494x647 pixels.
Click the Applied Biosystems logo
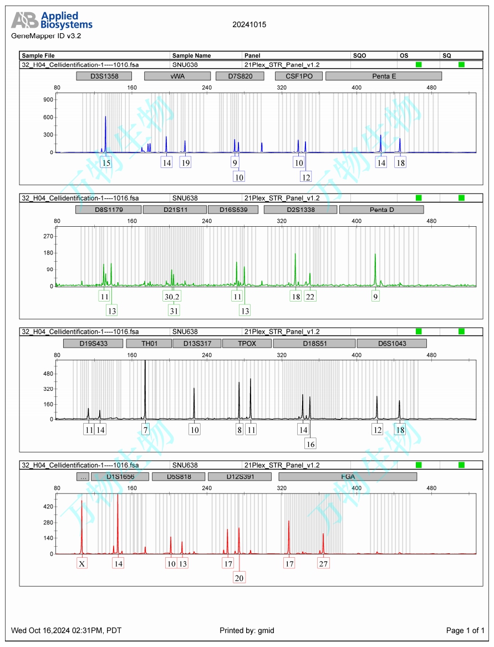pos(52,21)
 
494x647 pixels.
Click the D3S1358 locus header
pos(104,76)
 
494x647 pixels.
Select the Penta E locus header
pos(384,76)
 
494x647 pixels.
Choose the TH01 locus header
pos(149,343)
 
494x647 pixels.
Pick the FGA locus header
pos(348,476)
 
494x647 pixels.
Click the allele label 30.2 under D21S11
pos(172,297)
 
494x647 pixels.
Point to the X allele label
pos(82,563)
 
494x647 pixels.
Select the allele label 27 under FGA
pos(323,563)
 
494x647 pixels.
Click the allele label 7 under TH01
pos(145,430)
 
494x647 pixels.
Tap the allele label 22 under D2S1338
pos(310,297)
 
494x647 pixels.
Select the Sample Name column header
pos(192,56)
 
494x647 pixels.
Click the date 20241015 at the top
pos(249,25)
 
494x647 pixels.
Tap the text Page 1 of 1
pos(465,630)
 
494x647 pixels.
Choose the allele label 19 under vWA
pos(185,162)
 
